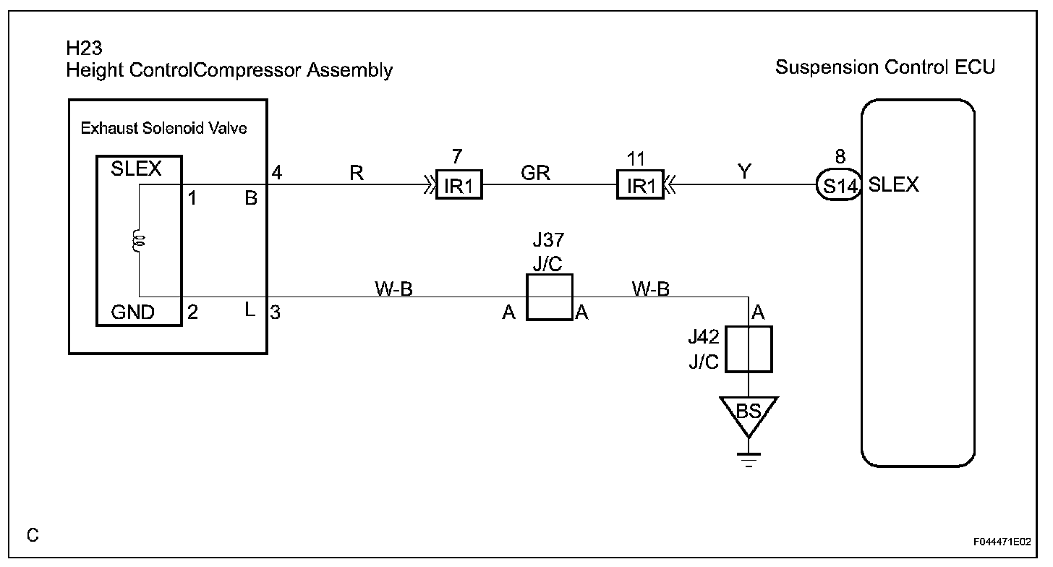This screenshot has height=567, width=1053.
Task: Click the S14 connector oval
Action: [x=839, y=184]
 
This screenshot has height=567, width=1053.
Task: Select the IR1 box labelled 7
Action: [x=459, y=184]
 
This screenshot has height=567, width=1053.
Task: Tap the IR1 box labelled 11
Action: [x=640, y=184]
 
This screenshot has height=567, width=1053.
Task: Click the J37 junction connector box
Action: [x=549, y=297]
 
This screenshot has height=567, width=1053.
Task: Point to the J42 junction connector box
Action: [x=749, y=349]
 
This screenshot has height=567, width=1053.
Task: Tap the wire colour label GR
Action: [x=535, y=173]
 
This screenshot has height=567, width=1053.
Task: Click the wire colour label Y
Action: [x=744, y=171]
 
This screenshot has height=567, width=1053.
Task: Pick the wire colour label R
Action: [x=357, y=173]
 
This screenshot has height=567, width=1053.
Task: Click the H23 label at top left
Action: [x=84, y=48]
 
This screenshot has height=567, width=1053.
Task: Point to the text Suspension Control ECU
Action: [x=885, y=67]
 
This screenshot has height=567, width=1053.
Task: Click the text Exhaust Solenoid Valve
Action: [x=163, y=128]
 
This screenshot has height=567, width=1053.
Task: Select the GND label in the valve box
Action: [x=132, y=312]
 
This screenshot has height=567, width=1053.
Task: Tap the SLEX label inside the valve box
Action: [x=136, y=169]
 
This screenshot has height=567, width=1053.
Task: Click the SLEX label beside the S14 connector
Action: [x=893, y=184]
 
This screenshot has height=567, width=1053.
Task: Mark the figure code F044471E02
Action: [x=1002, y=542]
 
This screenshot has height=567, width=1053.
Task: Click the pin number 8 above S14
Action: [x=840, y=156]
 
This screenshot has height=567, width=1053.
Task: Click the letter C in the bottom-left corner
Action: [x=33, y=535]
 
